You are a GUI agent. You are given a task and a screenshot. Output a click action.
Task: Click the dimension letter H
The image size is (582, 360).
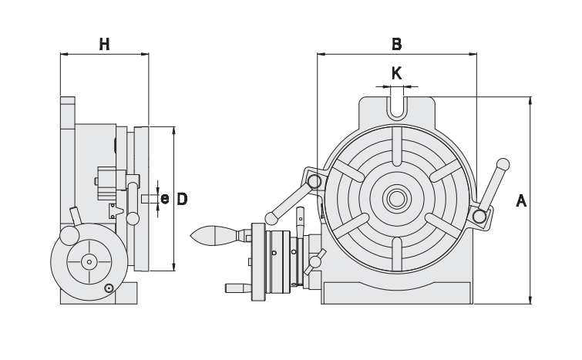pyautogui.click(x=104, y=44)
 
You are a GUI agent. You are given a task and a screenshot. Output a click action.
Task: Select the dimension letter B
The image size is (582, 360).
pyautogui.click(x=396, y=44)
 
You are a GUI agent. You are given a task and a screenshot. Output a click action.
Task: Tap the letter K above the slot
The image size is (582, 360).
pyautogui.click(x=396, y=73)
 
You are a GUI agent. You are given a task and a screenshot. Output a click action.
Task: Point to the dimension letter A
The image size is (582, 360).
pyautogui.click(x=521, y=200)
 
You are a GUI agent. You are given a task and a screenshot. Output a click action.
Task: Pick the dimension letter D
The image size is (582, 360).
pyautogui.click(x=183, y=199)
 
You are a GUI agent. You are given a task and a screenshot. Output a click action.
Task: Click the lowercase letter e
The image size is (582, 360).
pyautogui.click(x=164, y=199)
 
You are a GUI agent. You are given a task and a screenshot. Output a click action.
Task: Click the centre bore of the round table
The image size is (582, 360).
pyautogui.click(x=397, y=199)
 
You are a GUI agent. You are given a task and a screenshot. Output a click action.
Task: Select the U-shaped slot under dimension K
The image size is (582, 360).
pyautogui.click(x=396, y=106)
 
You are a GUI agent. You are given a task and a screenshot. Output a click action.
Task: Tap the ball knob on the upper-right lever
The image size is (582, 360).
pyautogui.click(x=503, y=164)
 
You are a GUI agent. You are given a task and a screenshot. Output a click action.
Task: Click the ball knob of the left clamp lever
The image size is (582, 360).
pyautogui.click(x=271, y=217)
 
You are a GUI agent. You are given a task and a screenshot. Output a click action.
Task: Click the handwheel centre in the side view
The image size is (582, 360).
pyautogui.click(x=89, y=262)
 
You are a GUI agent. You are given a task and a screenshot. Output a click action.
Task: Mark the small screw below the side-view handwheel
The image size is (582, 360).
pyautogui.click(x=109, y=288)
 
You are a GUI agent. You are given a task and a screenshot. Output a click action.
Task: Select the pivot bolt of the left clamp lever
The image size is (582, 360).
pyautogui.click(x=315, y=181)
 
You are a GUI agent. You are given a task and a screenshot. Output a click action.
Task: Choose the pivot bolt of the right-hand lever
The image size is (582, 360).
pyautogui.click(x=481, y=217)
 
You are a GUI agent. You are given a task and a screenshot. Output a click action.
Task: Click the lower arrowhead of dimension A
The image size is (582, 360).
pyautogui.click(x=530, y=299)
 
